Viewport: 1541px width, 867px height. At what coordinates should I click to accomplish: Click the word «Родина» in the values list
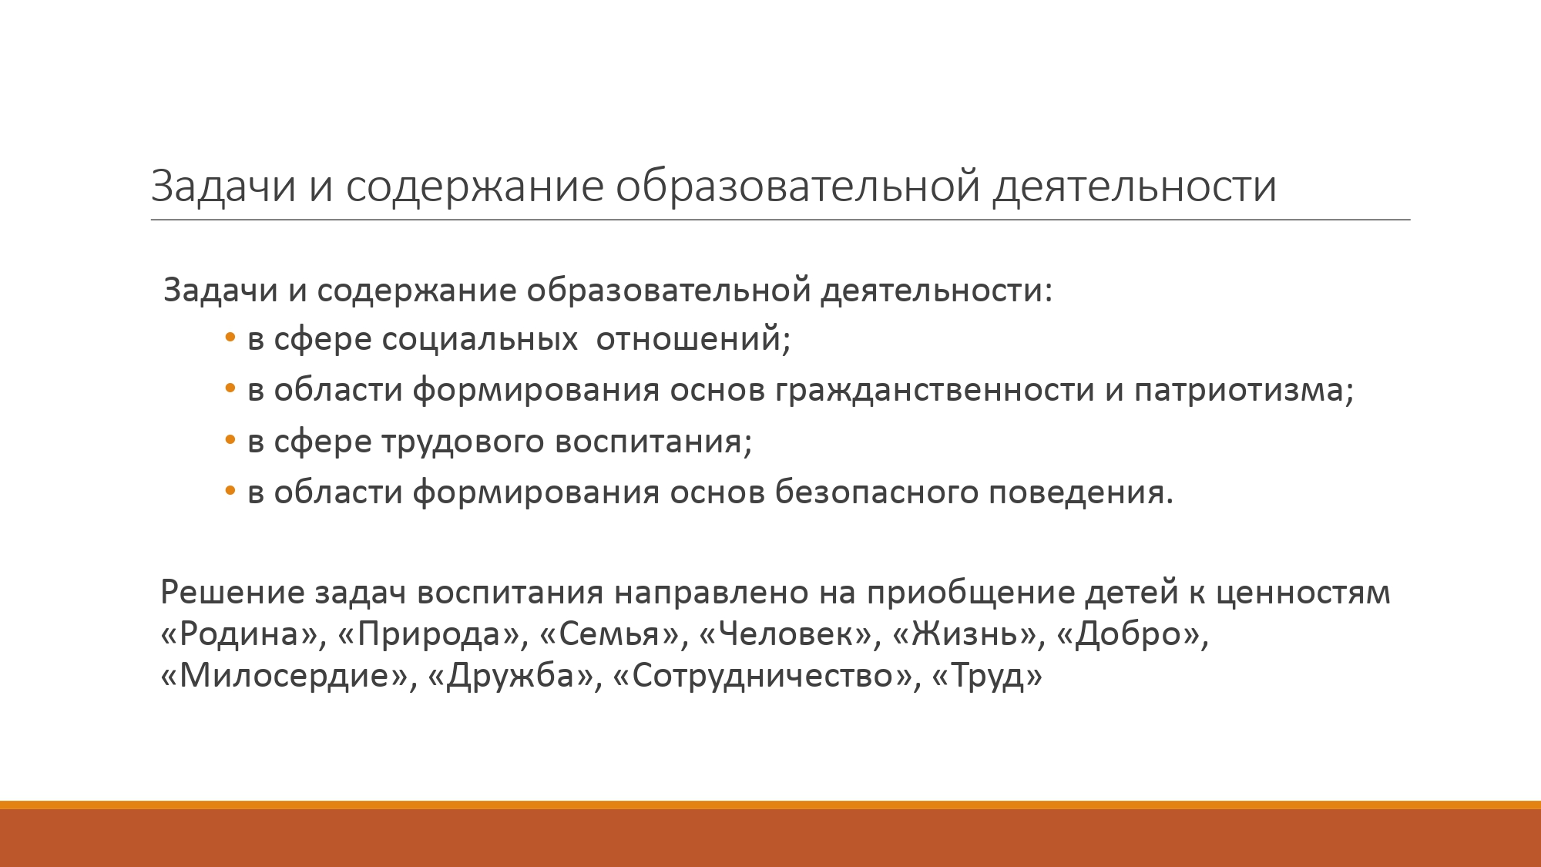pos(240,634)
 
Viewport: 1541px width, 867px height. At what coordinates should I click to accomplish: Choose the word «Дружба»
pos(511,676)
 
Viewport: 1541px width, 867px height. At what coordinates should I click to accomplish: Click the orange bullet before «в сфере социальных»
pos(230,339)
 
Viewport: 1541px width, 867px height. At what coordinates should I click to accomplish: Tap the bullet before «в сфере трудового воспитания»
pos(230,442)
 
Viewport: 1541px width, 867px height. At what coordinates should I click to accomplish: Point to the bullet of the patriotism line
pos(230,390)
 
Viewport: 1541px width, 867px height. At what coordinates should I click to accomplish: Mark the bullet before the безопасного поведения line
pos(230,492)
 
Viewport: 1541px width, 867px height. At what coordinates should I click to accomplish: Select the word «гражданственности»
pos(935,391)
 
